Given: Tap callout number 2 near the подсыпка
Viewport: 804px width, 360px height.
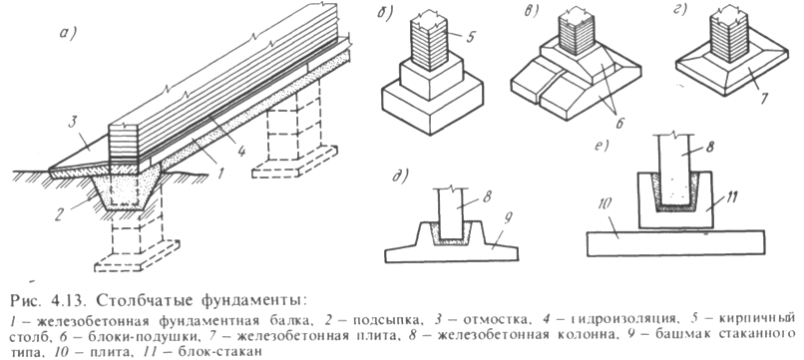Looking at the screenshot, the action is click(x=60, y=213).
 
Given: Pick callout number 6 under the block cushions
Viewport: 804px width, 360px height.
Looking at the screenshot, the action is click(x=618, y=124).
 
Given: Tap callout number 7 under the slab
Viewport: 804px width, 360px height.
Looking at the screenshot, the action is click(x=764, y=98).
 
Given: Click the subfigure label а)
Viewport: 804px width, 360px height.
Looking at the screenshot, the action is click(x=68, y=34).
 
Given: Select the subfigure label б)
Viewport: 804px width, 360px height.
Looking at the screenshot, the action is click(x=385, y=13).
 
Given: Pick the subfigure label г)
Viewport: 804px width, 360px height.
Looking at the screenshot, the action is click(x=680, y=9).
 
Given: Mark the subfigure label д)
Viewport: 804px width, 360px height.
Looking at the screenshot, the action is click(x=400, y=176).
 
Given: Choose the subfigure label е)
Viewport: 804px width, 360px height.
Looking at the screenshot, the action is click(x=600, y=146).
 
